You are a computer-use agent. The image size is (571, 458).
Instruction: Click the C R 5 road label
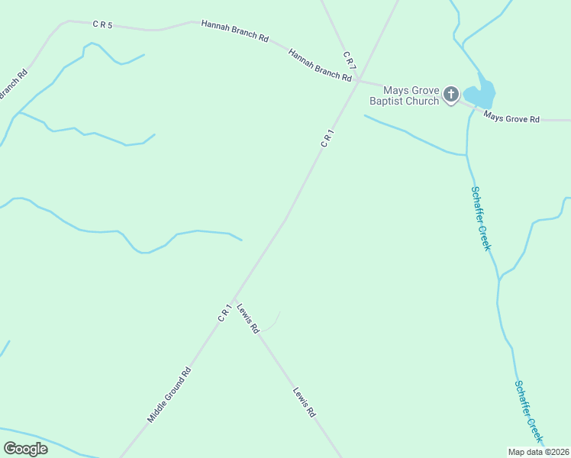pos(103,25)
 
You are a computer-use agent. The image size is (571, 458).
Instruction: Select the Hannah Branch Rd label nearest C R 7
pos(320,65)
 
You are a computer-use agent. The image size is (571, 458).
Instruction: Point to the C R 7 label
pos(347,58)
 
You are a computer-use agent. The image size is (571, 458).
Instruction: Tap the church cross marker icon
pos(451,95)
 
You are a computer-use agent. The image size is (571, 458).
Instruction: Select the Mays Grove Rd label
pos(512,119)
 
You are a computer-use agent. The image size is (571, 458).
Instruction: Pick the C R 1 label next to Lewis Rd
pos(224,313)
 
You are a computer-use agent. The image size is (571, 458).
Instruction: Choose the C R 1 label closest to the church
pos(327,138)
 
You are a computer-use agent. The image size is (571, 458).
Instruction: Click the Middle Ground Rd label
pos(169,395)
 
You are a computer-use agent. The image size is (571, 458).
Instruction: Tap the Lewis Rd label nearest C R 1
pos(248,318)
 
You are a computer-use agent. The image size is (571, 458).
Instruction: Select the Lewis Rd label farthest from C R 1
pos(304,402)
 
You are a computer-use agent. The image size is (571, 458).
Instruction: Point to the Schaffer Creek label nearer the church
pos(480,218)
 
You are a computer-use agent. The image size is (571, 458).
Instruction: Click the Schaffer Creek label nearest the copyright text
pos(528,412)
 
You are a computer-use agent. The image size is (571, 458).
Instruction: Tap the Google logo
pos(26,449)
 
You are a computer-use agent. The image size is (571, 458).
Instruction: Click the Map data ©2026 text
pos(539,452)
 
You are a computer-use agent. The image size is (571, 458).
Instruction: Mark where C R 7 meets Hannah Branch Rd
pos(358,79)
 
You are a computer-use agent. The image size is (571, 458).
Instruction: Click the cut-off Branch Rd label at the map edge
pos(13,85)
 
